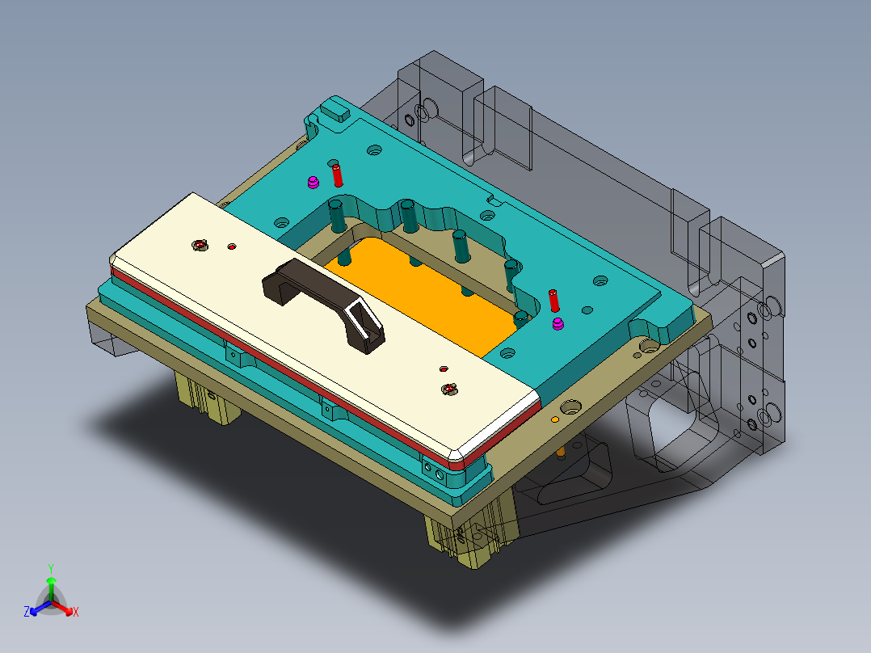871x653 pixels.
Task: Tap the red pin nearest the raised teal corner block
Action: point(338,175)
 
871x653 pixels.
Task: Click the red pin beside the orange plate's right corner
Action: point(553,300)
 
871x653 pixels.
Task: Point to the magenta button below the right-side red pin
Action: point(558,325)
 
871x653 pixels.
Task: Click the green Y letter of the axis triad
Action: point(51,568)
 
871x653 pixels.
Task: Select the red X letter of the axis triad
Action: point(76,613)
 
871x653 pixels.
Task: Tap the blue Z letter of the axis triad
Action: point(27,613)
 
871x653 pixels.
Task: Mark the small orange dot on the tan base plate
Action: point(554,421)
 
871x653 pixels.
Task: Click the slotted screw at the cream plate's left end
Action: point(199,244)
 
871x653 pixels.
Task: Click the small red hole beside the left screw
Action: point(232,246)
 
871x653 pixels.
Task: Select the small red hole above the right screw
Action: point(443,369)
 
